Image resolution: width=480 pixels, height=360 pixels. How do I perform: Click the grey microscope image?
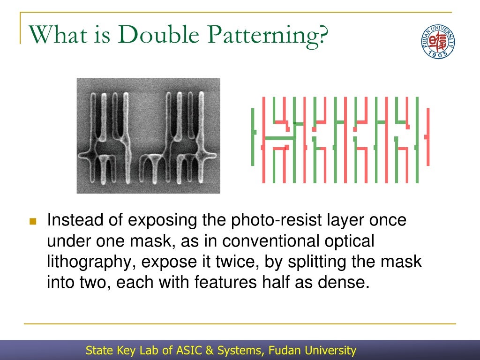pyautogui.click(x=148, y=135)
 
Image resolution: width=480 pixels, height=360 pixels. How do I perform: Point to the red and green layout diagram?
pyautogui.click(x=341, y=140)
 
